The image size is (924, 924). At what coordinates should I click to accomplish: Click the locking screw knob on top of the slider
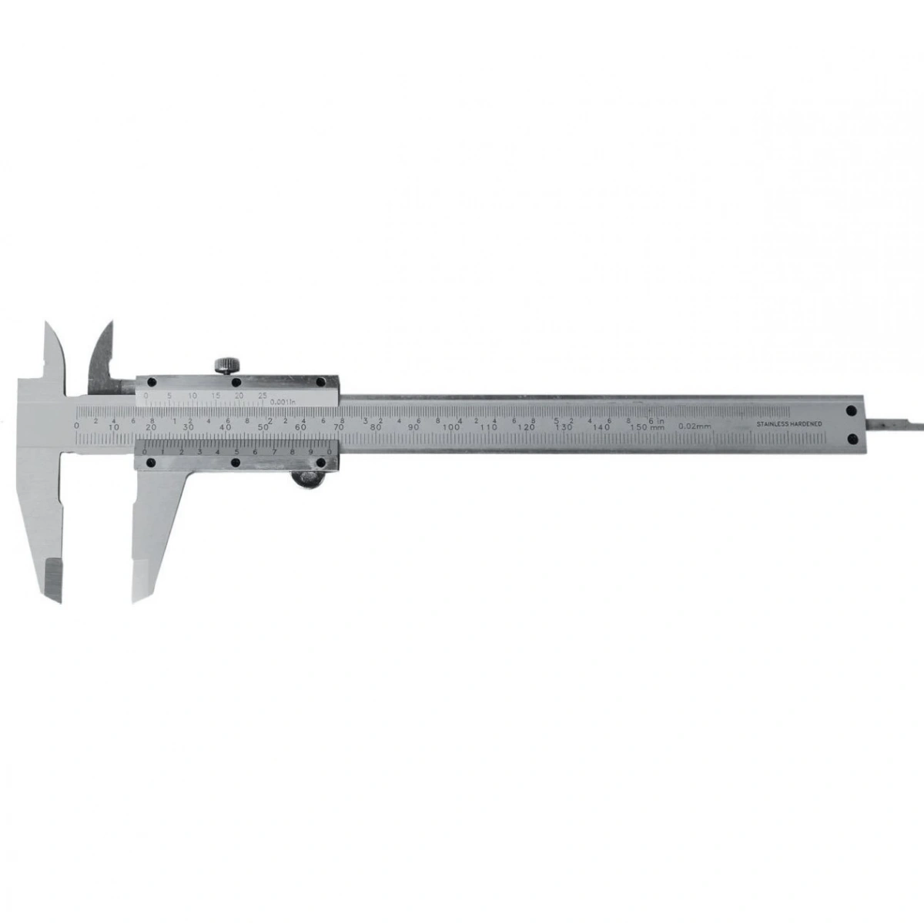point(225,365)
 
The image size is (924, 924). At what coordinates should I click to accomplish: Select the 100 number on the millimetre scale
point(452,427)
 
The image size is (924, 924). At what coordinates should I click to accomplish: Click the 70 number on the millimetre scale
point(339,427)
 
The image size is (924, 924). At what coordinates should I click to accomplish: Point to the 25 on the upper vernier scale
point(263,395)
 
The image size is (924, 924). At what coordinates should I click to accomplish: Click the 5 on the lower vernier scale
point(236,452)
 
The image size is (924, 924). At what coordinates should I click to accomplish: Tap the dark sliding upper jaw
point(102,354)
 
